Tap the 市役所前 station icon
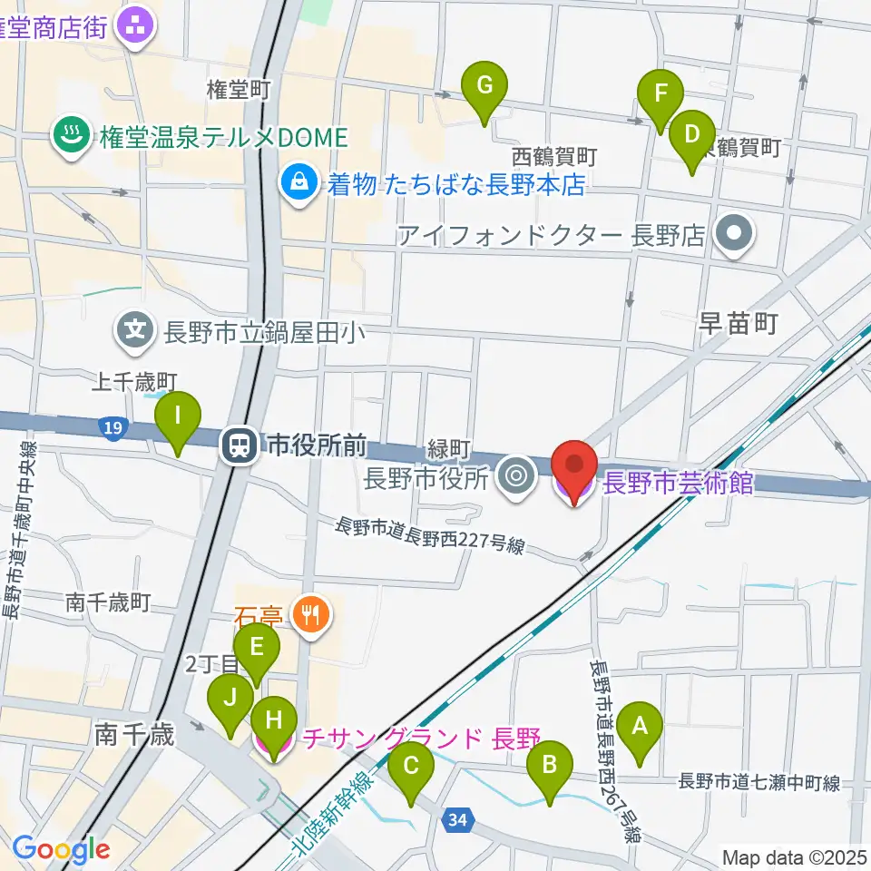pos(240,445)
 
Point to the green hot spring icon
pos(68,137)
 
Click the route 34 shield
pos(459,821)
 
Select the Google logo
pos(61,850)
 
